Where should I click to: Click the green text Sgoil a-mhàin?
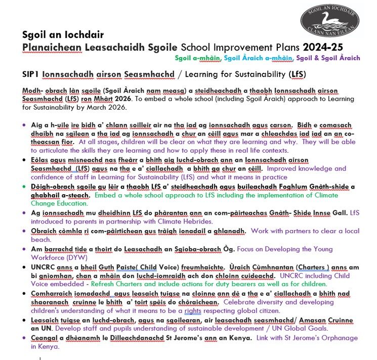(198, 58)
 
